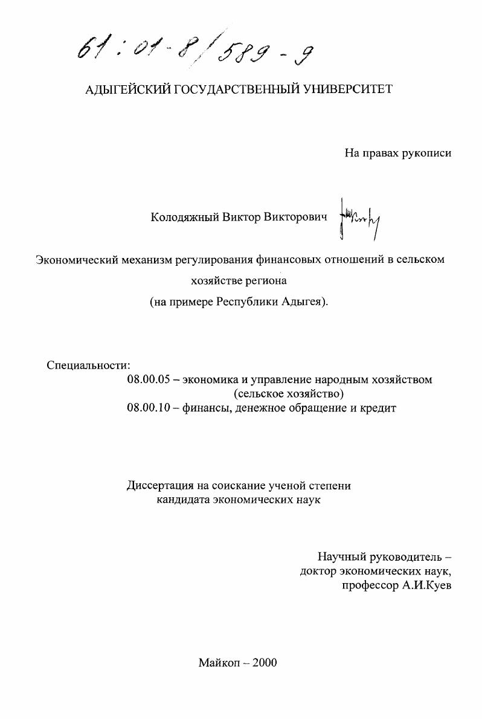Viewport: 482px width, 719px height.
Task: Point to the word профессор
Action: tap(365, 585)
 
